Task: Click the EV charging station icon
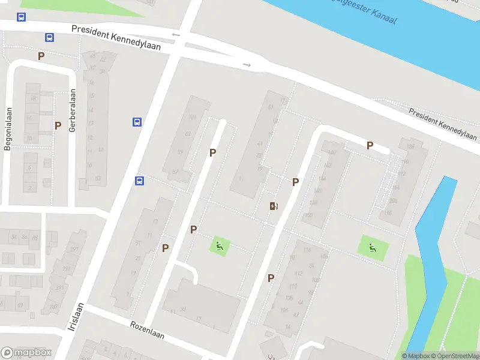click(274, 206)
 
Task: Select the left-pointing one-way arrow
click(175, 35)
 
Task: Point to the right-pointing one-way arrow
click(247, 64)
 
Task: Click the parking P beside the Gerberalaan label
click(58, 125)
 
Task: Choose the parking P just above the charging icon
click(295, 181)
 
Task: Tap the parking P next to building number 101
click(212, 152)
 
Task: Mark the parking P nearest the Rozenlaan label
click(165, 247)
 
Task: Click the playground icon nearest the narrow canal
click(372, 246)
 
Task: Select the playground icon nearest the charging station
click(219, 245)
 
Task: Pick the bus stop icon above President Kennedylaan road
click(22, 17)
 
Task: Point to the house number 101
click(192, 117)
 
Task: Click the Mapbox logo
click(26, 353)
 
